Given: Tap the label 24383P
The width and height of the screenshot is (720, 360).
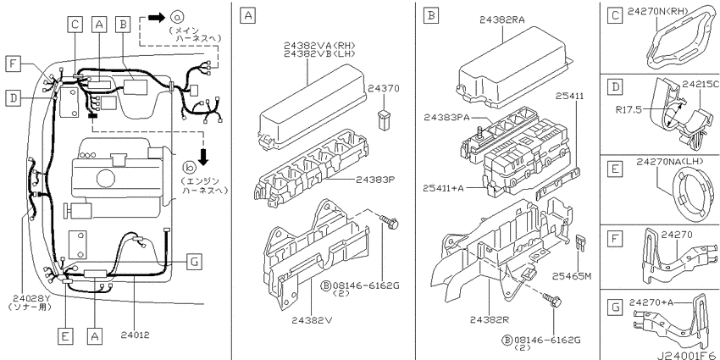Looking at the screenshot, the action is [x=375, y=180].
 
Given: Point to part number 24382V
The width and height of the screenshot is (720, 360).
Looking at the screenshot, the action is [x=312, y=320].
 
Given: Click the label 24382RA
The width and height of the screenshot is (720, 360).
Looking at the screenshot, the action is [x=502, y=19].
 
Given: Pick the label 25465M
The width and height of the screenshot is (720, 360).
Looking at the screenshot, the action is [x=571, y=276].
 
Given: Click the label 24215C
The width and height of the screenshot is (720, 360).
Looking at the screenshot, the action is [x=700, y=85].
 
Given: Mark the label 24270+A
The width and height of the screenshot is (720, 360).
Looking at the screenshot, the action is [x=651, y=302].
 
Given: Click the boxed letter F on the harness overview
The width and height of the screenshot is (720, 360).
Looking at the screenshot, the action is [x=14, y=64].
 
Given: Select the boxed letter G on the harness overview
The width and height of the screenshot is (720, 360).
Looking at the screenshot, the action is [x=194, y=262].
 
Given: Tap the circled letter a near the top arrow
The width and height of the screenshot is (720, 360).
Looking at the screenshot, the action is [x=177, y=18].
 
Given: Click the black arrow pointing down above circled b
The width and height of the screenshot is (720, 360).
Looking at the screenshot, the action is [x=203, y=157].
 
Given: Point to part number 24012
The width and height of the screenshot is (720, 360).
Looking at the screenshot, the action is [x=136, y=335].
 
